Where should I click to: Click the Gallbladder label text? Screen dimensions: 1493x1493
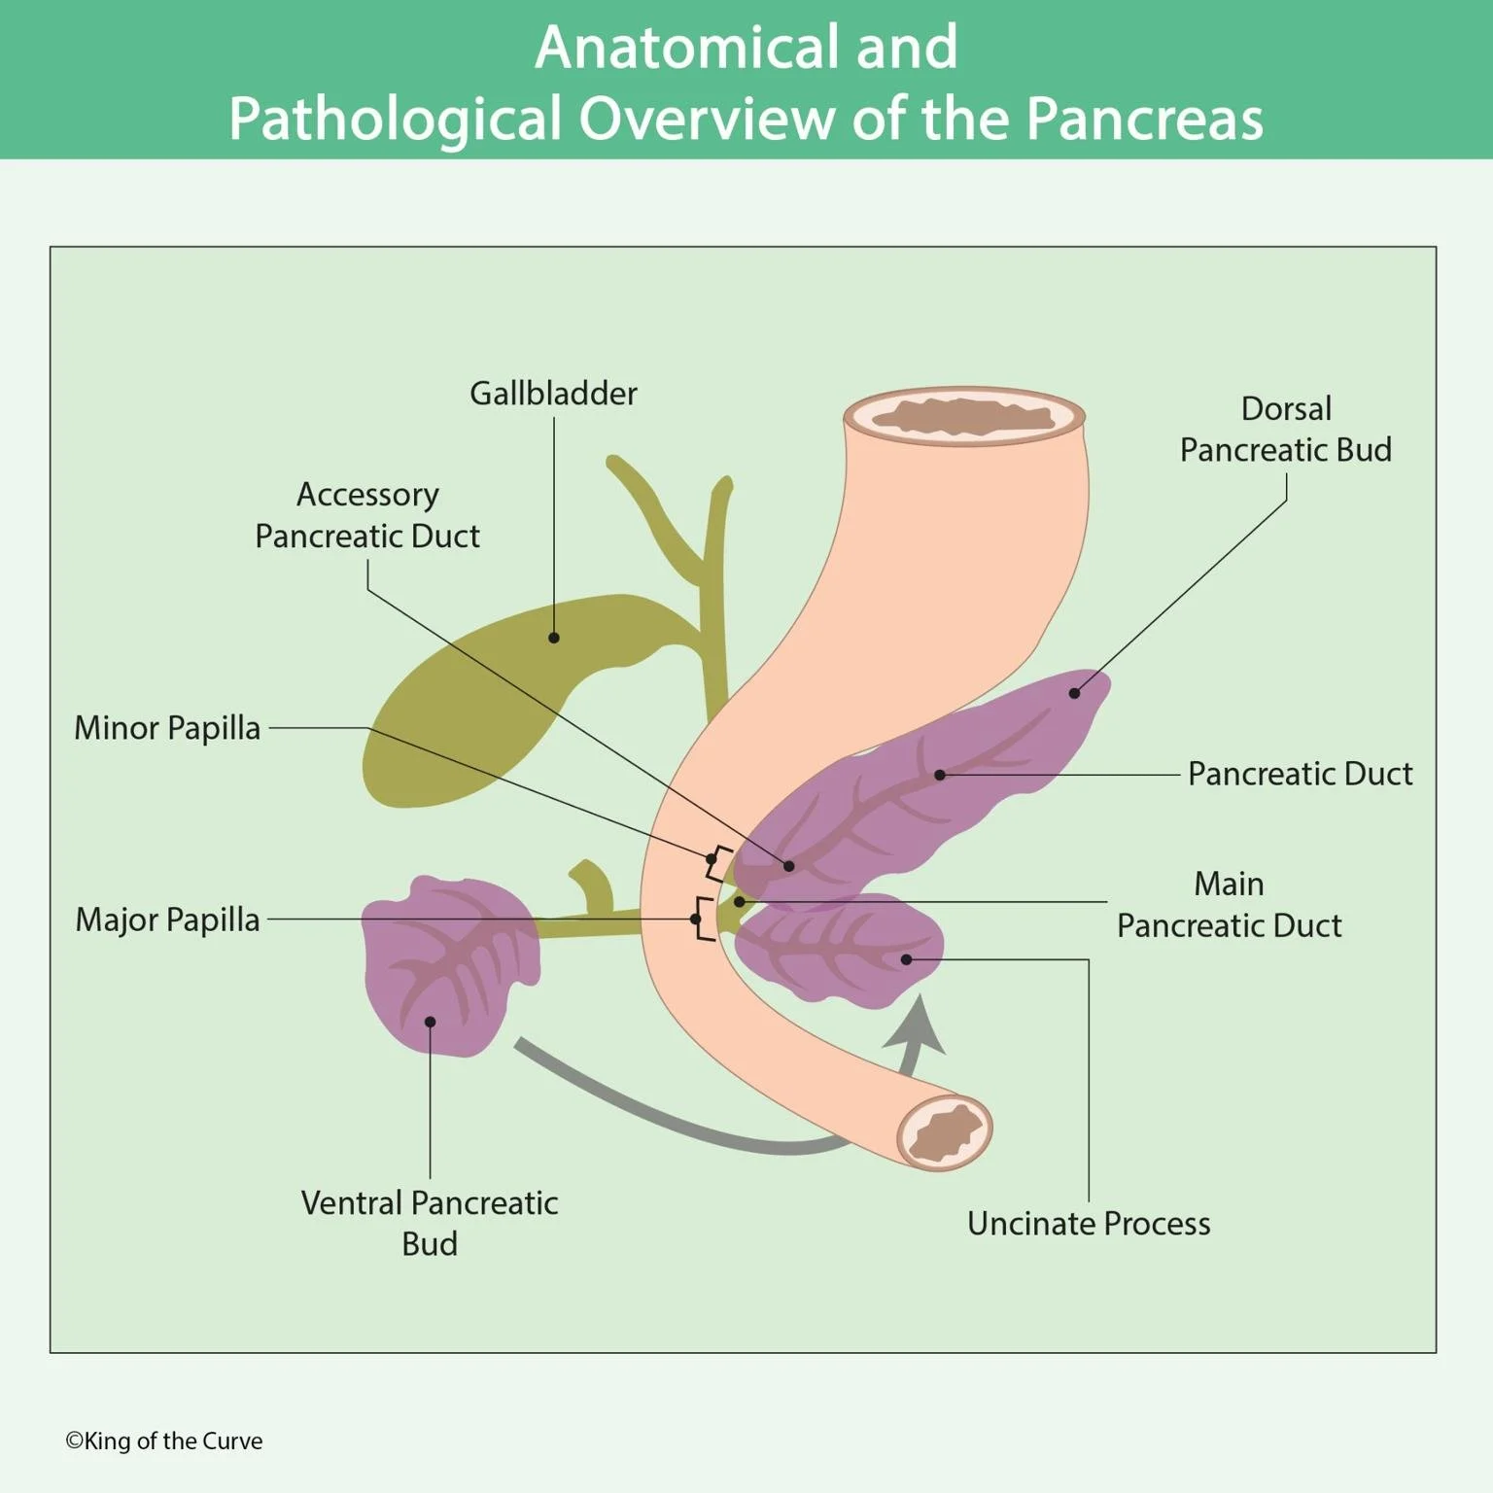(x=553, y=394)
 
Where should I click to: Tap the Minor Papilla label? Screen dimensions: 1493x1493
(x=167, y=728)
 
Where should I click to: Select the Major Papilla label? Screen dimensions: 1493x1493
(x=167, y=920)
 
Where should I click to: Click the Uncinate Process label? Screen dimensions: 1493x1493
(x=1089, y=1224)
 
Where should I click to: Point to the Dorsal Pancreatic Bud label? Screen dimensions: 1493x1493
(x=1285, y=430)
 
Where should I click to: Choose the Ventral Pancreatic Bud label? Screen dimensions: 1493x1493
(x=430, y=1223)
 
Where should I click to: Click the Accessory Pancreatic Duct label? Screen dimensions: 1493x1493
(x=367, y=515)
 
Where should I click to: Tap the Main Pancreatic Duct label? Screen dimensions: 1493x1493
(x=1229, y=905)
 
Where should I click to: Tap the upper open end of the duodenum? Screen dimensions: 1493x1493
(x=964, y=417)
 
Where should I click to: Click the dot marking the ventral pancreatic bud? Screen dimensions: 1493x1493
(x=430, y=1022)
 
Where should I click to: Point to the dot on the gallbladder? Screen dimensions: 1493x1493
(x=554, y=638)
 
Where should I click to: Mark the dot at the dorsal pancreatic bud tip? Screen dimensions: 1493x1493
(x=1074, y=693)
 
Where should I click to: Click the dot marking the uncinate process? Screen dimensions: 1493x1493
(x=906, y=959)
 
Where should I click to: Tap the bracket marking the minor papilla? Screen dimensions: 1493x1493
(x=717, y=861)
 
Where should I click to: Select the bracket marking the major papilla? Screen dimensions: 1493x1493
(x=702, y=920)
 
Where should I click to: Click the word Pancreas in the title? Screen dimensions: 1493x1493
(x=1144, y=119)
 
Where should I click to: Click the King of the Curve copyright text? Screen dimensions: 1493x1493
(x=164, y=1441)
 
